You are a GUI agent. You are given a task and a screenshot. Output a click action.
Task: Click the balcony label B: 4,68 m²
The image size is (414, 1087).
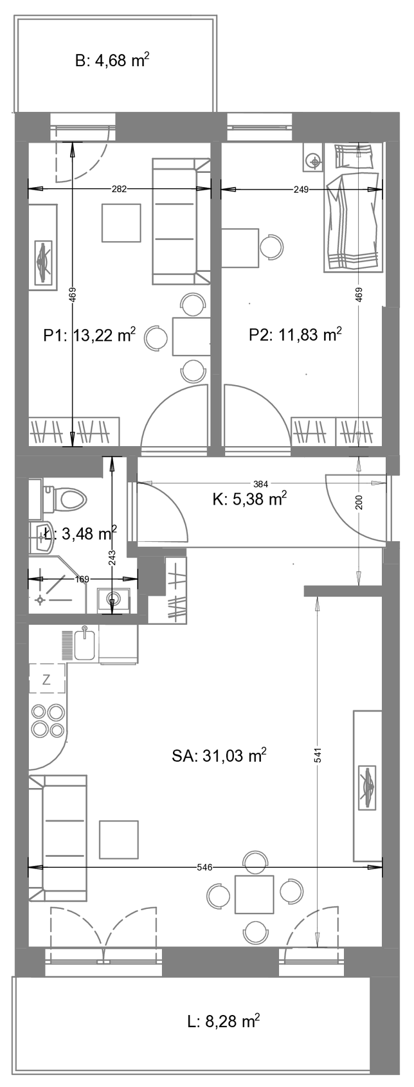(112, 60)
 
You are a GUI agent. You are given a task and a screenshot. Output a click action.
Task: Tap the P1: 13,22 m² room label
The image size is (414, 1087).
(89, 335)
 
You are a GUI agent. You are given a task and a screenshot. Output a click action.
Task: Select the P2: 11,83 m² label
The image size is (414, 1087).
(295, 335)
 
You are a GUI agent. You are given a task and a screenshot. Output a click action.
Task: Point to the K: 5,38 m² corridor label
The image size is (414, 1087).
(249, 498)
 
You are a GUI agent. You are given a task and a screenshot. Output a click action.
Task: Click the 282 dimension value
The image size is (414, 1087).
(119, 189)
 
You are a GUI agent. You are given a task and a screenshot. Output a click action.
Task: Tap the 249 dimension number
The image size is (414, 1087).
(301, 189)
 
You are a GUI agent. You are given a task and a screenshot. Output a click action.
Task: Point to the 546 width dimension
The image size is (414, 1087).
(205, 868)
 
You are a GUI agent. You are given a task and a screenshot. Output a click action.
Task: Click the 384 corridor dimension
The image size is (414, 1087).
(260, 484)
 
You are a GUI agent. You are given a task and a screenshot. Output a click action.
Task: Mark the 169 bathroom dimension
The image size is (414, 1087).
(82, 579)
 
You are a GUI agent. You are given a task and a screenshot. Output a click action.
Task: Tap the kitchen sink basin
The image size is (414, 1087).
(84, 645)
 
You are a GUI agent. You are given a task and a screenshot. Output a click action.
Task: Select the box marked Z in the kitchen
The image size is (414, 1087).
(46, 679)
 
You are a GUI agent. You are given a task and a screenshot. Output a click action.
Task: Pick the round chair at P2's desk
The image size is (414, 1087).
(271, 246)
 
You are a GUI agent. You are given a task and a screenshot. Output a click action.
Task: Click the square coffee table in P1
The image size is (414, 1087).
(121, 223)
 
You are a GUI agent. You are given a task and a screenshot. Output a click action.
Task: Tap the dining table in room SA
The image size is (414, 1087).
(254, 894)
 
